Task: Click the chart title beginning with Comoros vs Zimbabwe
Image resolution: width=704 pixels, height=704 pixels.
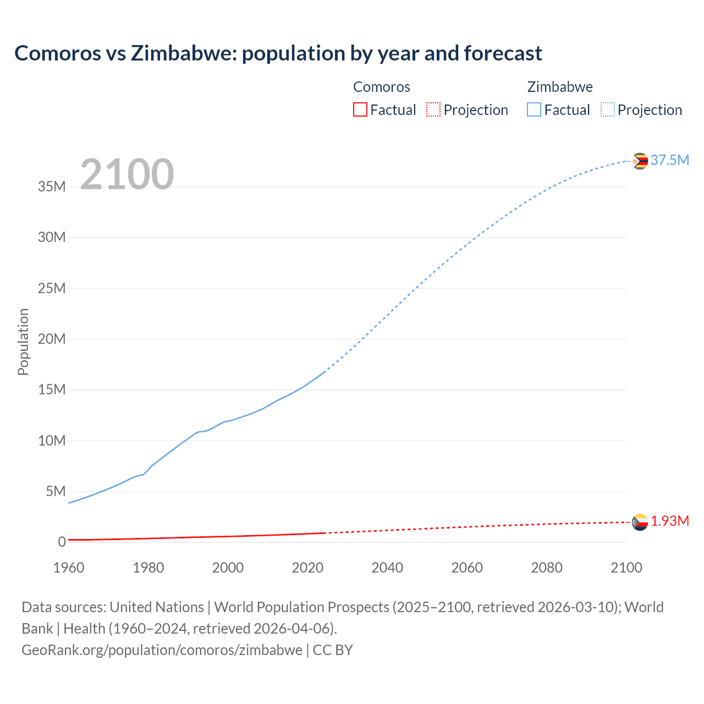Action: tap(278, 53)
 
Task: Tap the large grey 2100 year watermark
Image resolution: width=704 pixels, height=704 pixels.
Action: tap(127, 174)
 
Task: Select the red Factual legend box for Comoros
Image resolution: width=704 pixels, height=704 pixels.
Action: tap(360, 110)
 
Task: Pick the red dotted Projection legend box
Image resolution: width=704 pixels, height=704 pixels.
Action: tap(433, 110)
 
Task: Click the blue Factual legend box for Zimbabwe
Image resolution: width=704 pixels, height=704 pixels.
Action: tap(534, 110)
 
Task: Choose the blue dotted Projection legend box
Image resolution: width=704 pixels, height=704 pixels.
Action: tap(608, 110)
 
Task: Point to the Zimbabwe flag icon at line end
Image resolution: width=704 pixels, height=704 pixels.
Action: tap(640, 161)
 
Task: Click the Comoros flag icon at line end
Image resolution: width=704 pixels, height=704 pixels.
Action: tap(640, 522)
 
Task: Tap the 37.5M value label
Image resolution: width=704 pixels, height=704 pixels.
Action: tap(669, 160)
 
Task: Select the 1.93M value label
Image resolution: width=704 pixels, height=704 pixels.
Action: tap(669, 521)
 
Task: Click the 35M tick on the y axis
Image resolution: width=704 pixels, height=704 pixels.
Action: tap(52, 187)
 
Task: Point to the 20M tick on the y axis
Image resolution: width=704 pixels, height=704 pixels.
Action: tap(52, 339)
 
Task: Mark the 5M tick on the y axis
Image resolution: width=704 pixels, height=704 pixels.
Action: tap(56, 491)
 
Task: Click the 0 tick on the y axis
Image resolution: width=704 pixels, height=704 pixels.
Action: tap(62, 542)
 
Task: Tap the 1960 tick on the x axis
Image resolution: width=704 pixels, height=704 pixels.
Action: tap(69, 568)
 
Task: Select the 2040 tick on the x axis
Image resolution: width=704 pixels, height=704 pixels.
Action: tap(387, 568)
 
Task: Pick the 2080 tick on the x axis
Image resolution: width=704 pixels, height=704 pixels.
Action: tap(547, 568)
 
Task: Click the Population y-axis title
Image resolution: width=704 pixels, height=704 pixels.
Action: tap(23, 342)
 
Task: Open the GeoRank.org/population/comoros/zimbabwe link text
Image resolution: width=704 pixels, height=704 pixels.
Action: tap(162, 650)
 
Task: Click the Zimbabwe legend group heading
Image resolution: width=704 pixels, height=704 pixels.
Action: tap(560, 87)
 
